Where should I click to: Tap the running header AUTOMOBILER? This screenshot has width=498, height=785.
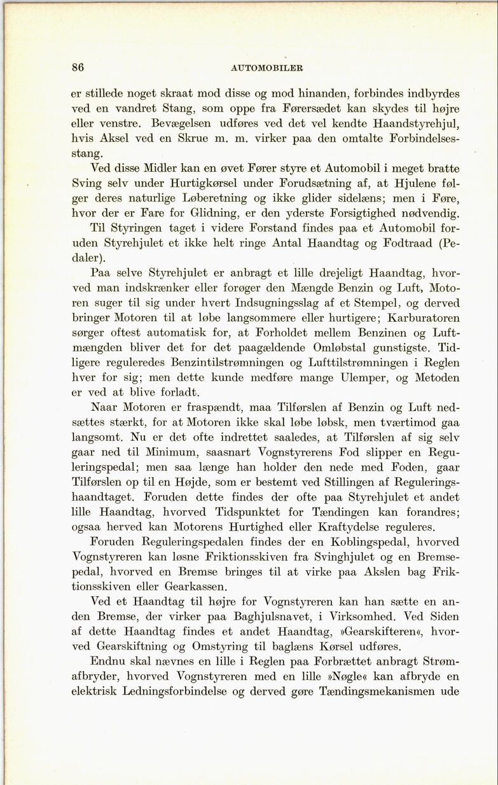[x=266, y=68]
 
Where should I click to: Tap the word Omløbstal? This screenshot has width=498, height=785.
[x=343, y=347]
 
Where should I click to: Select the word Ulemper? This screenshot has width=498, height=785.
[x=354, y=377]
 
